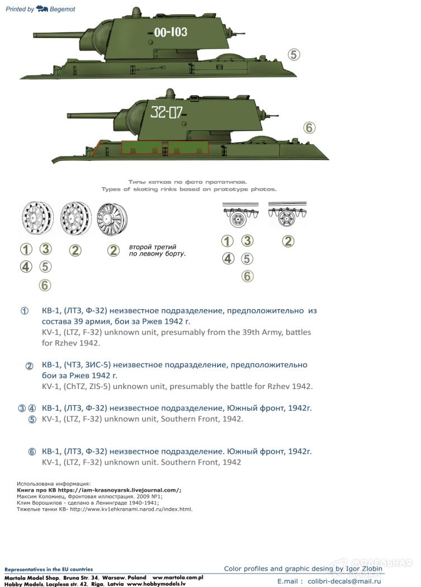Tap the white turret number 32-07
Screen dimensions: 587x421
pyautogui.click(x=166, y=112)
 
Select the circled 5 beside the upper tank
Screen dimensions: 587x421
pyautogui.click(x=294, y=55)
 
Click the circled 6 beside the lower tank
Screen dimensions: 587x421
pyautogui.click(x=309, y=127)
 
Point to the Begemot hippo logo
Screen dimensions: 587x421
pyautogui.click(x=42, y=8)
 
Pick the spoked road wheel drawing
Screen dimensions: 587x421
pyautogui.click(x=112, y=218)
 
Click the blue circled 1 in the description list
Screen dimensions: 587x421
pyautogui.click(x=25, y=311)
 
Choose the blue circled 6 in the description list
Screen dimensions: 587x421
pyautogui.click(x=32, y=452)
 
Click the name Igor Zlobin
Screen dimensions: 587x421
pyautogui.click(x=359, y=569)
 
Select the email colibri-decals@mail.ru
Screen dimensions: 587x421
pyautogui.click(x=344, y=581)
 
